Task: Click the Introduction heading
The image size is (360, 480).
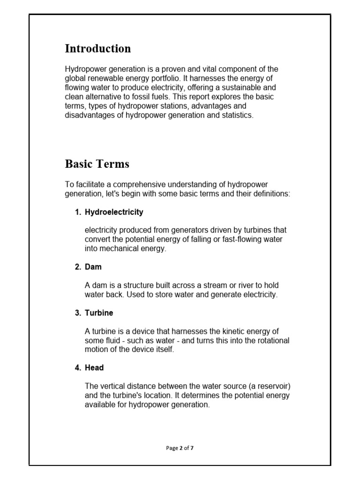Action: pos(97,49)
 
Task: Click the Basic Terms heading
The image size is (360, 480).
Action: pos(97,164)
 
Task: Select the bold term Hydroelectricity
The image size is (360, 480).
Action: pos(114,212)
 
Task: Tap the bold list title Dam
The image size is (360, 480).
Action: pos(93,267)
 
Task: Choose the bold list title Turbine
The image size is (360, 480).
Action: pos(99,313)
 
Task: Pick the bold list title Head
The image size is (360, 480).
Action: pos(94,368)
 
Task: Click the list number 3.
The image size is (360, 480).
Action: pos(77,313)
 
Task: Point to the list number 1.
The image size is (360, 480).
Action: pos(77,212)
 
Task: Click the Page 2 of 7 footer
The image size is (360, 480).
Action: pos(180,448)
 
